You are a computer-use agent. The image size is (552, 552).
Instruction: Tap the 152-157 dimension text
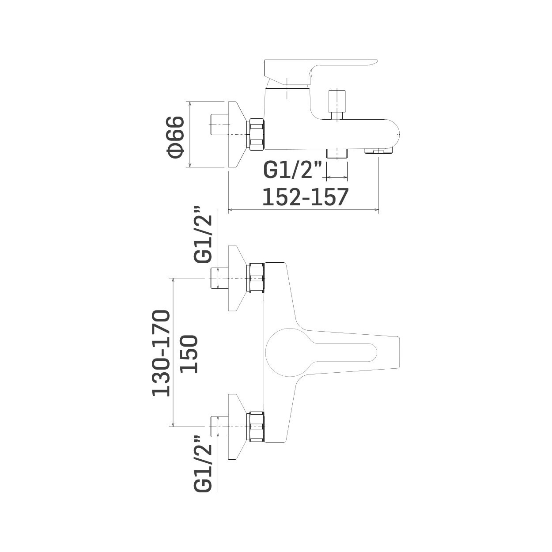(305, 197)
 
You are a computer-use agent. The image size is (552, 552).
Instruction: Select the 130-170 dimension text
(161, 353)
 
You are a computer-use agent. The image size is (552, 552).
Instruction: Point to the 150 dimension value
(189, 354)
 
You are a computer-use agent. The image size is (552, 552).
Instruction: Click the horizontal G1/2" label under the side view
(292, 170)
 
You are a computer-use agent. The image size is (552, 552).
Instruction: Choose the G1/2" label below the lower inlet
(203, 468)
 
